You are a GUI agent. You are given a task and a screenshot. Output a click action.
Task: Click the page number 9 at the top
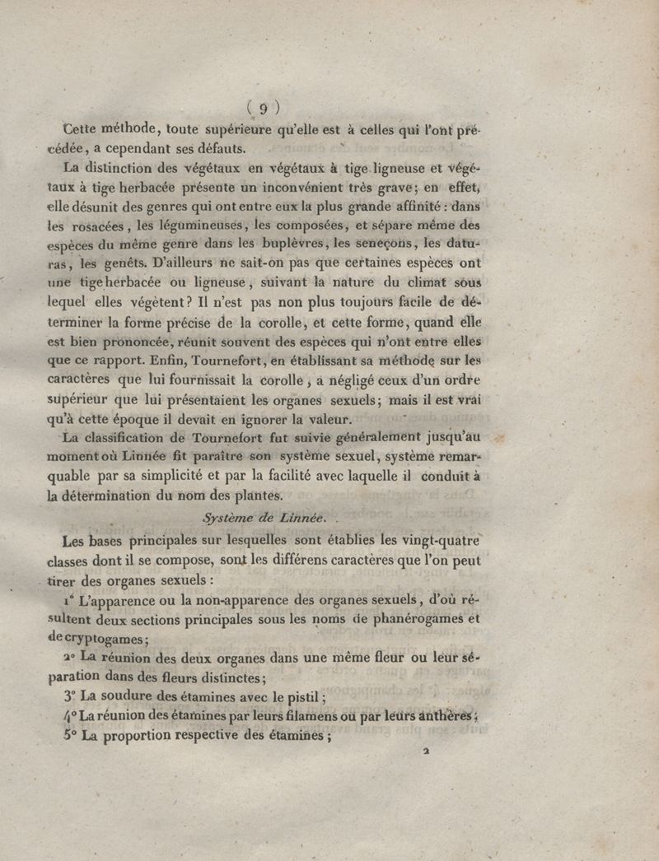(x=265, y=108)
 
